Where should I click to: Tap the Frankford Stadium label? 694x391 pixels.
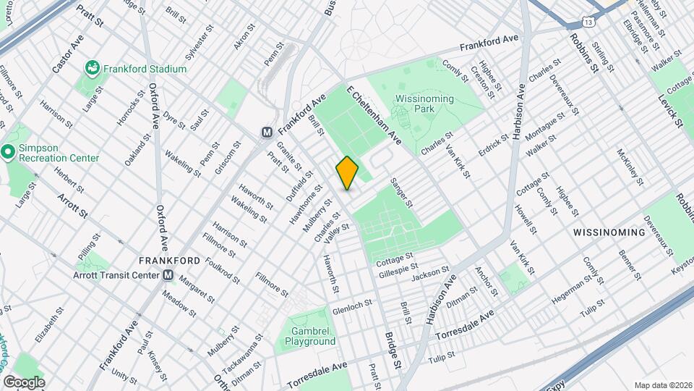pos(145,69)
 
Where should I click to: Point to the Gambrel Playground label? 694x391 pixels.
pos(309,336)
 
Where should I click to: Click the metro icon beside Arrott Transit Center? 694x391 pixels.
pos(168,275)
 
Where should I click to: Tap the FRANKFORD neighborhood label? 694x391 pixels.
pos(169,260)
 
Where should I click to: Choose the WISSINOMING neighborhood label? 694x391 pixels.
pos(608,232)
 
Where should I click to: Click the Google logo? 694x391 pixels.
pos(23,382)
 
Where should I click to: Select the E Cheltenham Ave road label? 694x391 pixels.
pos(373,115)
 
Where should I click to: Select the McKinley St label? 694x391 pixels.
pos(630,167)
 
